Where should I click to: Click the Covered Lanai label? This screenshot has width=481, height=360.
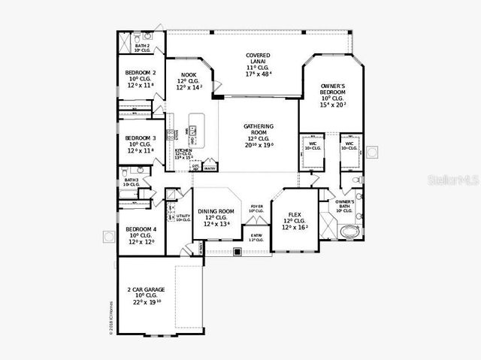[x=258, y=56]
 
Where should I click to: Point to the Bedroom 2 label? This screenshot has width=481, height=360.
[x=141, y=73]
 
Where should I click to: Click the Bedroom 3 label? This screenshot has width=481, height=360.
[x=141, y=138]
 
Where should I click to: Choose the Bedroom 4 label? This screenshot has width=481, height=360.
[x=141, y=229]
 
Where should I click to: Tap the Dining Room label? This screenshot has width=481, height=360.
[x=216, y=211]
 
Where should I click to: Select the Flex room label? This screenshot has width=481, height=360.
[x=295, y=214]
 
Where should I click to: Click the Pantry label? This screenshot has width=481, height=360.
[x=210, y=169]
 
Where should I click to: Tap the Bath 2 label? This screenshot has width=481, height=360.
[x=142, y=47]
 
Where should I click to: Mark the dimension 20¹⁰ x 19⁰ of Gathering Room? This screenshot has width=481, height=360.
[x=258, y=145]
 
